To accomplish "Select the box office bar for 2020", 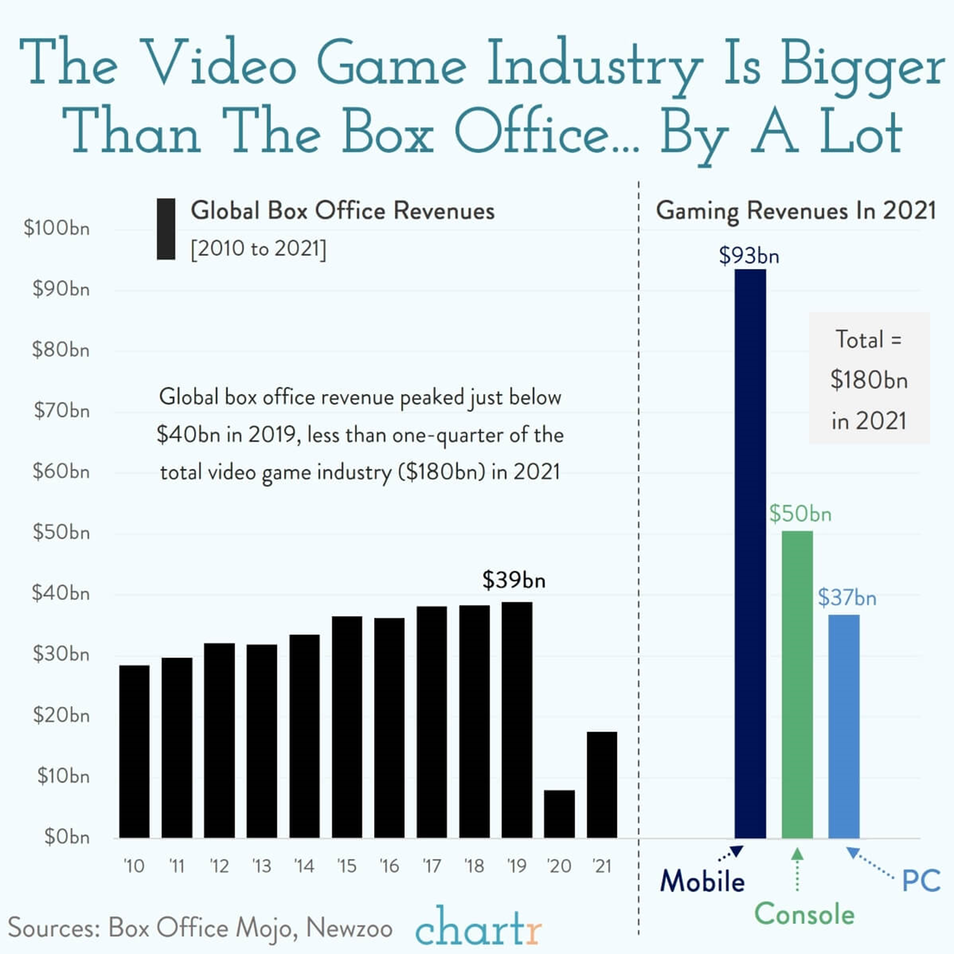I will (559, 813).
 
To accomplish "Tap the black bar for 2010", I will (134, 751).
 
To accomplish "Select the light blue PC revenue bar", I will (843, 726).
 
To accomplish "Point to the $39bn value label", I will (513, 580).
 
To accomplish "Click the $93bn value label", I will (749, 255).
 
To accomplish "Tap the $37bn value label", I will (847, 597).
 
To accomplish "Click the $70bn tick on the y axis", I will (62, 410).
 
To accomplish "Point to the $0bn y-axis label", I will (67, 836).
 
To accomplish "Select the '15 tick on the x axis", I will (346, 866).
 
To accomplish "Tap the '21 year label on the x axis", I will (602, 866).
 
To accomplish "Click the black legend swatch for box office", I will (166, 229).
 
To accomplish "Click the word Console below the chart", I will (804, 914).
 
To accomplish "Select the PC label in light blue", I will (921, 880).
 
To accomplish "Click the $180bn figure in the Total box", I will (868, 380).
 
